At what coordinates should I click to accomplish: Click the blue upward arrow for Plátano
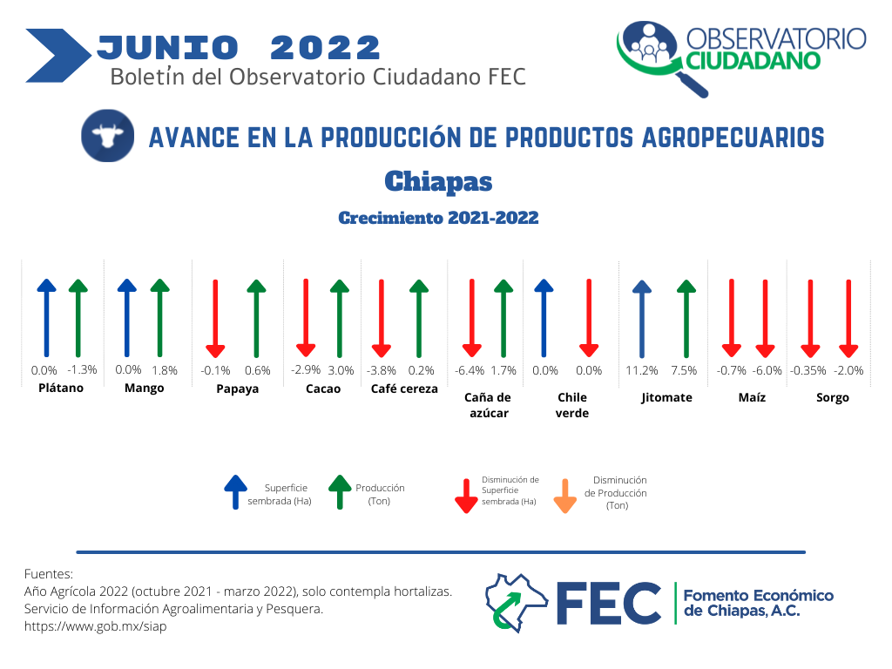47,318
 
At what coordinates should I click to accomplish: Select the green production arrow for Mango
160,318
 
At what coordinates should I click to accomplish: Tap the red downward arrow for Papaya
215,318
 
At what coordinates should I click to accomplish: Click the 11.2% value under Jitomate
642,370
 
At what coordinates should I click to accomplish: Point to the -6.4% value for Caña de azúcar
470,370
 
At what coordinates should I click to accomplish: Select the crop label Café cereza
404,389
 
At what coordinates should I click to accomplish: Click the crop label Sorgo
832,397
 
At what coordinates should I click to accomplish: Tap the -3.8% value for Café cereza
382,370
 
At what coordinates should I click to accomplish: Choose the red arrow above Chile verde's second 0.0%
589,318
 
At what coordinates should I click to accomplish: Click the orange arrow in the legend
564,496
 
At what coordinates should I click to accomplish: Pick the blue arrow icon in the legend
235,492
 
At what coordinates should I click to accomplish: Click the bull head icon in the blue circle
107,135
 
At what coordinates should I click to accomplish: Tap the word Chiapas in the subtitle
438,181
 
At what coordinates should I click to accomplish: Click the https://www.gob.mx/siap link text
96,626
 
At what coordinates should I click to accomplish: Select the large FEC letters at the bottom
609,603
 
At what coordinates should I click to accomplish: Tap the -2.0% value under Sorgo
848,370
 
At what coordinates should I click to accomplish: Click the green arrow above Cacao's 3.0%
340,318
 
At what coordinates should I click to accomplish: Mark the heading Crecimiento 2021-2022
438,218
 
